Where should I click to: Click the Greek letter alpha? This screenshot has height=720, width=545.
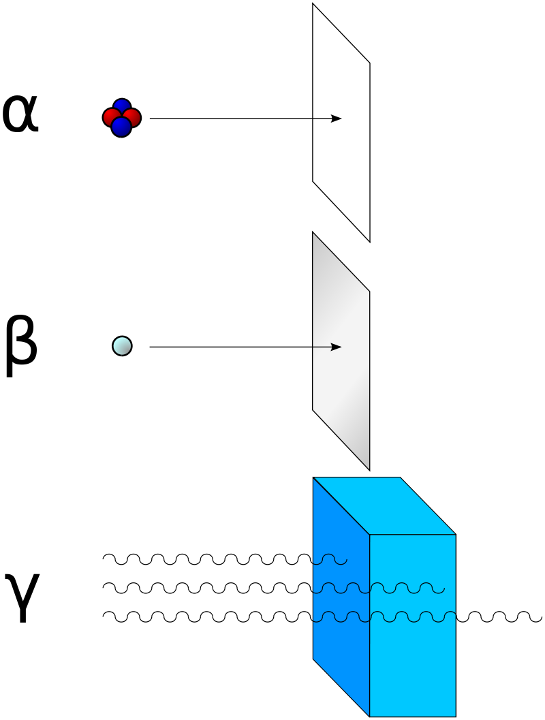[x=20, y=114]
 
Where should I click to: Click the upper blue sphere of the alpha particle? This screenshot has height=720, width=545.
[x=122, y=107]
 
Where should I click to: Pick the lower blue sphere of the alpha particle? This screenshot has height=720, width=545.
[x=121, y=127]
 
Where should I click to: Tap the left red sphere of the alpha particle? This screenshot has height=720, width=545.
[x=110, y=118]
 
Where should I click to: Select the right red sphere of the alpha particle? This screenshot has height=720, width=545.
[x=133, y=118]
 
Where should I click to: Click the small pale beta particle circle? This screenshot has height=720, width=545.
[x=122, y=347]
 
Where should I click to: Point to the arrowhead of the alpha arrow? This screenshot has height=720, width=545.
[x=337, y=119]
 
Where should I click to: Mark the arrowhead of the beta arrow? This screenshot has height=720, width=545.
[x=337, y=347]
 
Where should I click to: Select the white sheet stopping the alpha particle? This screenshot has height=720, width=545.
[x=341, y=157]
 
